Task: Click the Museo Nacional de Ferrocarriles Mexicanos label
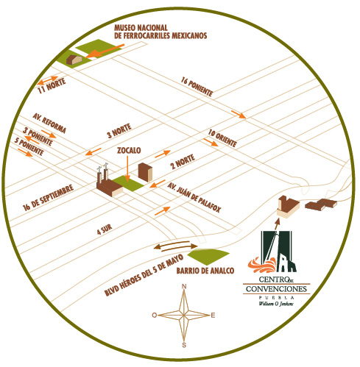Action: pyautogui.click(x=160, y=32)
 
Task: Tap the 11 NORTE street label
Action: pyautogui.click(x=52, y=86)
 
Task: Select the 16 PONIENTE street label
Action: pyautogui.click(x=197, y=87)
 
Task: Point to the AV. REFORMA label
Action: pyautogui.click(x=49, y=124)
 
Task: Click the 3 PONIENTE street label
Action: pyautogui.click(x=38, y=136)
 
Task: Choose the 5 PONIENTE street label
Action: pyautogui.click(x=29, y=146)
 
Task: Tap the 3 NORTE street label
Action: pyautogui.click(x=119, y=131)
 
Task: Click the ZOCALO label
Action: pyautogui.click(x=129, y=150)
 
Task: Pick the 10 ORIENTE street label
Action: pyautogui.click(x=222, y=138)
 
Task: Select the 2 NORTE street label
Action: pyautogui.click(x=183, y=162)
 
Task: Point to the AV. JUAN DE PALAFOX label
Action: pyautogui.click(x=194, y=197)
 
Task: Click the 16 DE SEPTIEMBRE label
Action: pyautogui.click(x=48, y=198)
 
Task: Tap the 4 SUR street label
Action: pyautogui.click(x=105, y=229)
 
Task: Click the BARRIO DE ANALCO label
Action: pyautogui.click(x=205, y=271)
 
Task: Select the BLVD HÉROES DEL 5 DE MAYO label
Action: pyautogui.click(x=144, y=275)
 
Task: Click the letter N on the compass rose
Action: pyautogui.click(x=184, y=287)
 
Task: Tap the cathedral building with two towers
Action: pyautogui.click(x=109, y=181)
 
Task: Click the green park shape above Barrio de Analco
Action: pyautogui.click(x=208, y=257)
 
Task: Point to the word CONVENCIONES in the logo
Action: pyautogui.click(x=276, y=289)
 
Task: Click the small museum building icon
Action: pyautogui.click(x=74, y=60)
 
